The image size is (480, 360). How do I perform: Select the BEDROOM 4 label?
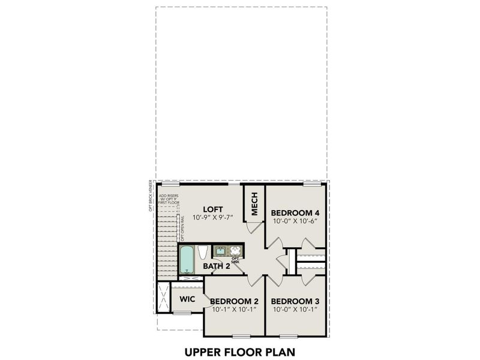click(x=295, y=213)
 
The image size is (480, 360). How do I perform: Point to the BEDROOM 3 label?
click(x=295, y=301)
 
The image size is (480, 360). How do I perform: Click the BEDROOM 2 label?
click(x=235, y=301)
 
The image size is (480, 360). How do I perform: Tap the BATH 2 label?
click(x=216, y=266)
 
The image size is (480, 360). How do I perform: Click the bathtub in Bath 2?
click(x=187, y=260)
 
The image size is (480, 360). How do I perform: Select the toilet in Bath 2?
click(x=203, y=251)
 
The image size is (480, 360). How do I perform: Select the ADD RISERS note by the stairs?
click(x=168, y=199)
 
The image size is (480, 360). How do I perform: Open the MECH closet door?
click(x=255, y=229)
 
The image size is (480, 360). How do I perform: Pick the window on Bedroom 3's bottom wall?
click(x=288, y=336)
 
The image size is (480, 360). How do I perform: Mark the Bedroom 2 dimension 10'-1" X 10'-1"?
click(x=235, y=310)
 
